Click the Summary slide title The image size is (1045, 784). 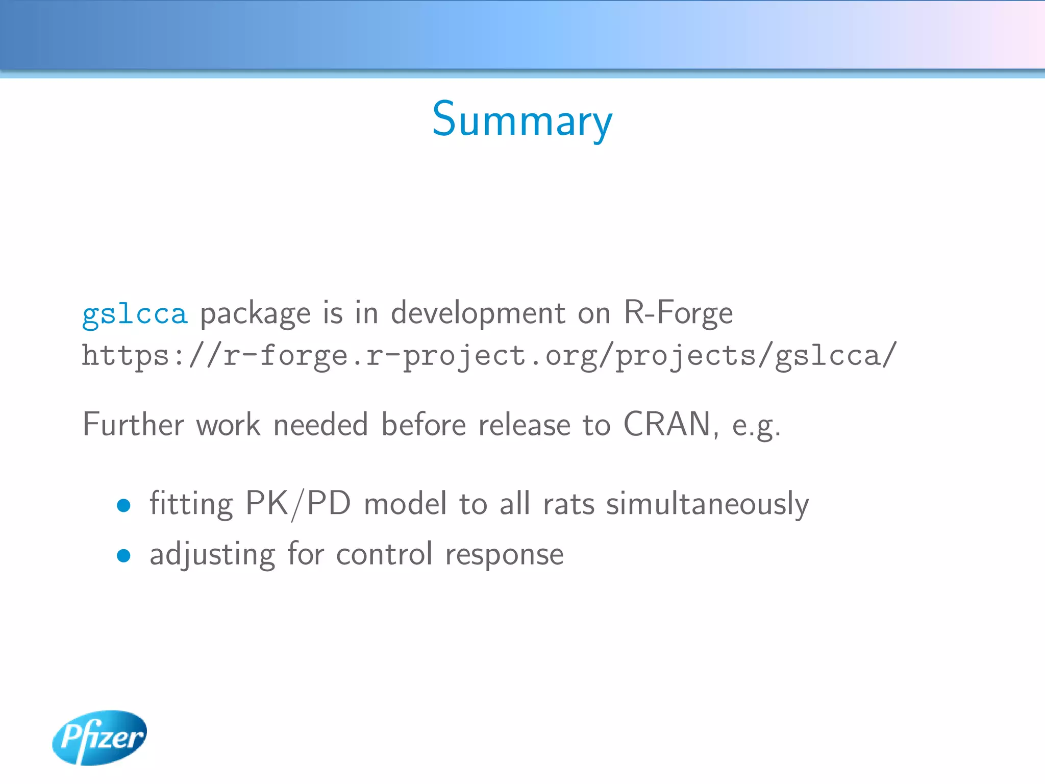click(522, 119)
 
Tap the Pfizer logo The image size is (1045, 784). click(100, 737)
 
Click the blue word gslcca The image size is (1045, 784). click(135, 313)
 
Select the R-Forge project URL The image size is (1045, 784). click(489, 356)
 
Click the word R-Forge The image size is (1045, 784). click(678, 312)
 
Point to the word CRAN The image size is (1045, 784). click(667, 424)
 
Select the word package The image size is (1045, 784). click(255, 314)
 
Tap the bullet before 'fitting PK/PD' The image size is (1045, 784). click(123, 505)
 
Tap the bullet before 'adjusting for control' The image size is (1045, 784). click(123, 555)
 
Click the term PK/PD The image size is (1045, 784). click(298, 504)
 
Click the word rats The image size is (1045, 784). click(568, 504)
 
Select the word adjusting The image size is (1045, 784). click(212, 555)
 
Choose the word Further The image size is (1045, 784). click(133, 424)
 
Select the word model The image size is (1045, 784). click(405, 504)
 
